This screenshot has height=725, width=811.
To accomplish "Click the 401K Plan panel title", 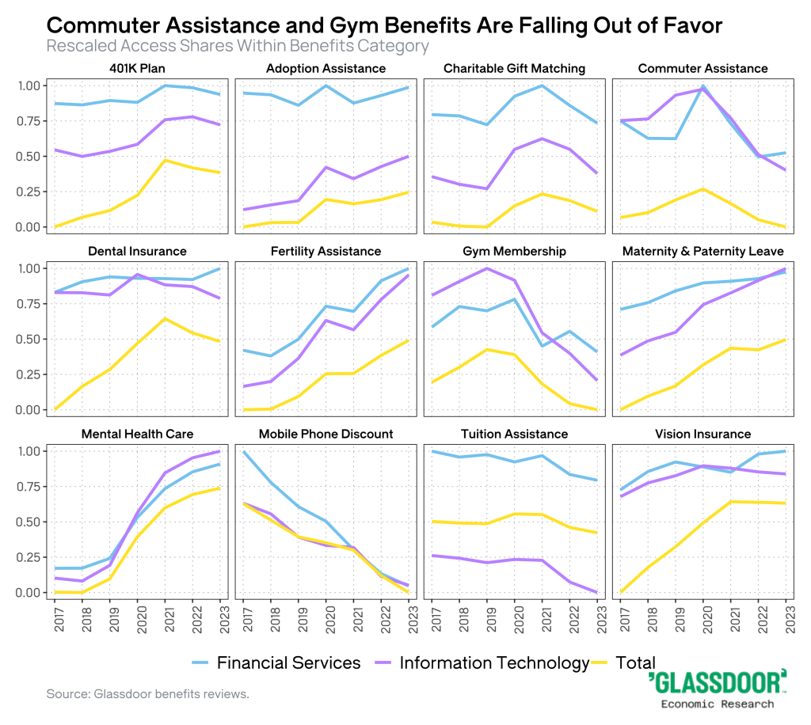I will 137,68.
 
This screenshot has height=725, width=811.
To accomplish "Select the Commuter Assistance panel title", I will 702,68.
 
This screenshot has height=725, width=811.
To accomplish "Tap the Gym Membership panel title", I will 515,251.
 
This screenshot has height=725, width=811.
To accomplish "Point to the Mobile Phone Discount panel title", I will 326,434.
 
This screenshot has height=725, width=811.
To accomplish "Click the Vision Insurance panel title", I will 702,434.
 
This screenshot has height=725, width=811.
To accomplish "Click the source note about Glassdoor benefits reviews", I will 148,694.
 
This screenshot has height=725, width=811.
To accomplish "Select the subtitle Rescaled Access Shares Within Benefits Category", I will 238,46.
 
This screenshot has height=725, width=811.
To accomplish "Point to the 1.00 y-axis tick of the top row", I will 28,85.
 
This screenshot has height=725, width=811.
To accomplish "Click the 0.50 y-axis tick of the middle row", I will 28,339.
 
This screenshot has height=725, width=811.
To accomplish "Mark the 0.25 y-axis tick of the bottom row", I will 28,557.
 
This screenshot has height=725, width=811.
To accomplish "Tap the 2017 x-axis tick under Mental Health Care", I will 58,616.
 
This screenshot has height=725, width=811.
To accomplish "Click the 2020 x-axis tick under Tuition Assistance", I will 516,616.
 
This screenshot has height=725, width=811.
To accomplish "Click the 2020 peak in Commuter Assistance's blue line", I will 702,85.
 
